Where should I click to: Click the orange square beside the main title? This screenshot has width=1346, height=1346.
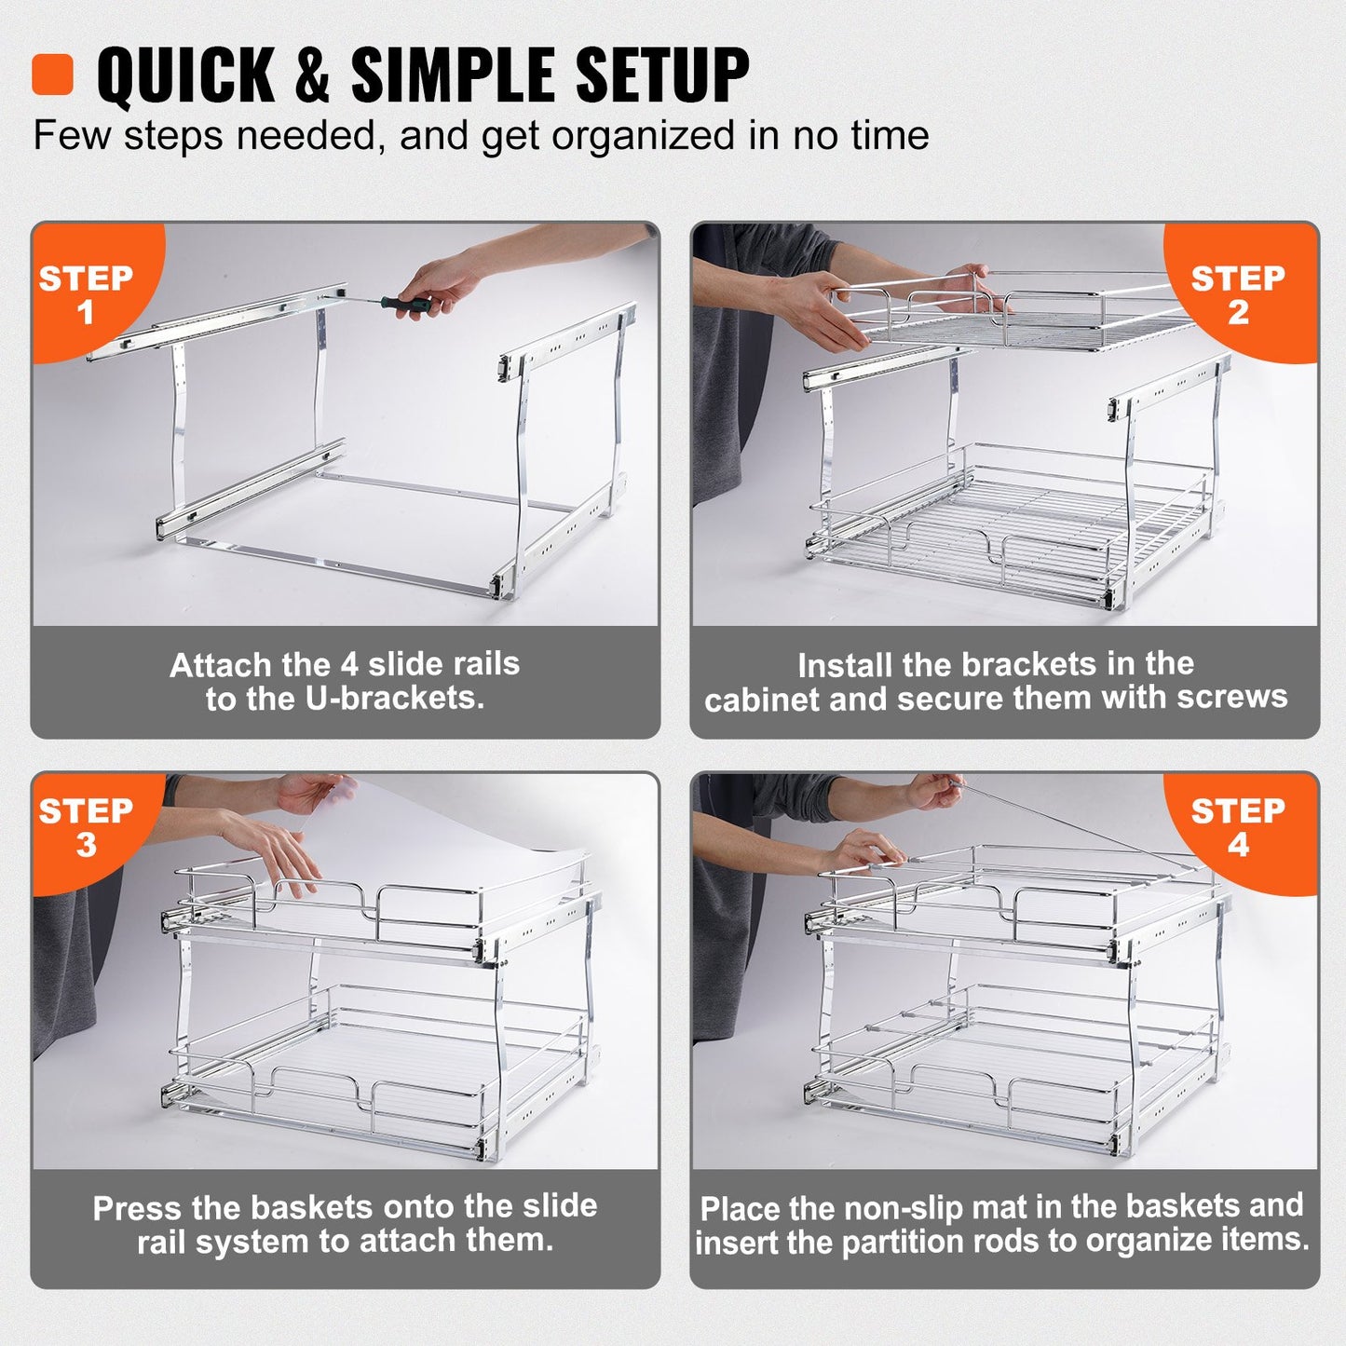52,75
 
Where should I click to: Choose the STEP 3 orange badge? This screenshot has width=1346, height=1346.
86,827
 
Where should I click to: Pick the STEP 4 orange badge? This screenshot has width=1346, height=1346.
1238,827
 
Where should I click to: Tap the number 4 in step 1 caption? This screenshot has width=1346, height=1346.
348,664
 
